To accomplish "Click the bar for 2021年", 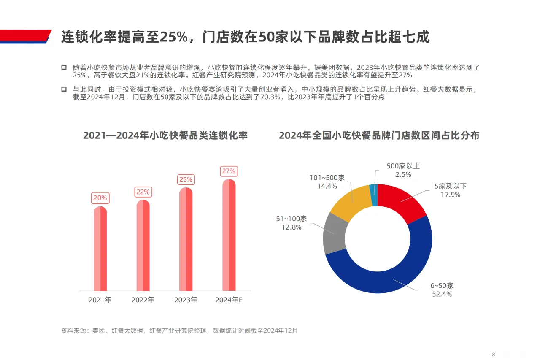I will point(100,249).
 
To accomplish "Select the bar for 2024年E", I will point(229,235).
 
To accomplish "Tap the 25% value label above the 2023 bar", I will point(186,180).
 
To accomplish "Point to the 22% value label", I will point(143,192).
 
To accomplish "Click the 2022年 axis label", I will point(143,300).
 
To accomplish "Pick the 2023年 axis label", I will point(186,300).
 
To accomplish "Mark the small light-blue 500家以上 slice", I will point(373,195).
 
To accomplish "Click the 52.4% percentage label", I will point(442,294).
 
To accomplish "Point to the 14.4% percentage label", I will point(327,186).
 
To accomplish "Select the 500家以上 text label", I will point(403,166).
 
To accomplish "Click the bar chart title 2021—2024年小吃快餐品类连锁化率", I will point(165,135).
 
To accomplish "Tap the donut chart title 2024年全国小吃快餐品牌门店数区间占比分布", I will point(379,135).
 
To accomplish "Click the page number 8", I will point(493,342).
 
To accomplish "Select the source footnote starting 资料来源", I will point(179,330).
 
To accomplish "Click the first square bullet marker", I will point(64,68).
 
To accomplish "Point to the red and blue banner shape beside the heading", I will point(25,37).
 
